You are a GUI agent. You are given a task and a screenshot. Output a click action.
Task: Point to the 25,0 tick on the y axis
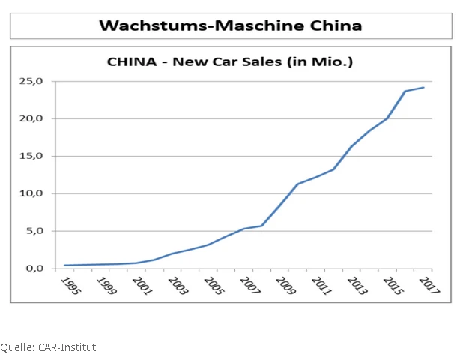click(x=40, y=81)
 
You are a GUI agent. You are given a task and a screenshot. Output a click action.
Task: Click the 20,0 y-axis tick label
click(x=40, y=118)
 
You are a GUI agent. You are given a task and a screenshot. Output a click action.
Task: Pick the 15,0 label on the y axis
click(x=40, y=156)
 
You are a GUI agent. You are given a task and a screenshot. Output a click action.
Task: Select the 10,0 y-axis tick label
click(x=40, y=193)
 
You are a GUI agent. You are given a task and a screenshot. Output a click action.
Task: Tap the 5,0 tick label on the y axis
click(x=43, y=231)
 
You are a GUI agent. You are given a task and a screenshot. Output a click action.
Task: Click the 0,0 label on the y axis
click(x=43, y=268)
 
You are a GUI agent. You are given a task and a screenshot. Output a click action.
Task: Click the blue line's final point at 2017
click(x=424, y=87)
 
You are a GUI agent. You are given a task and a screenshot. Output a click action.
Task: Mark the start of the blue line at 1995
click(x=64, y=265)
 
